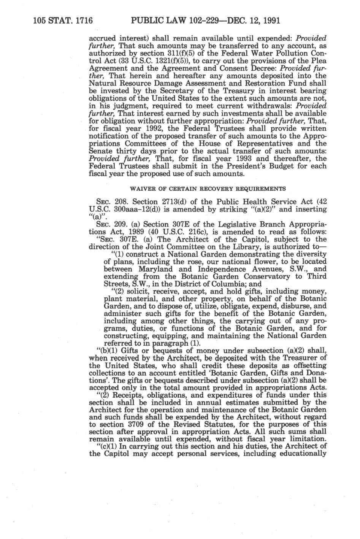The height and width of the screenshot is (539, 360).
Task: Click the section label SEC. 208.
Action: tap(109, 201)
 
